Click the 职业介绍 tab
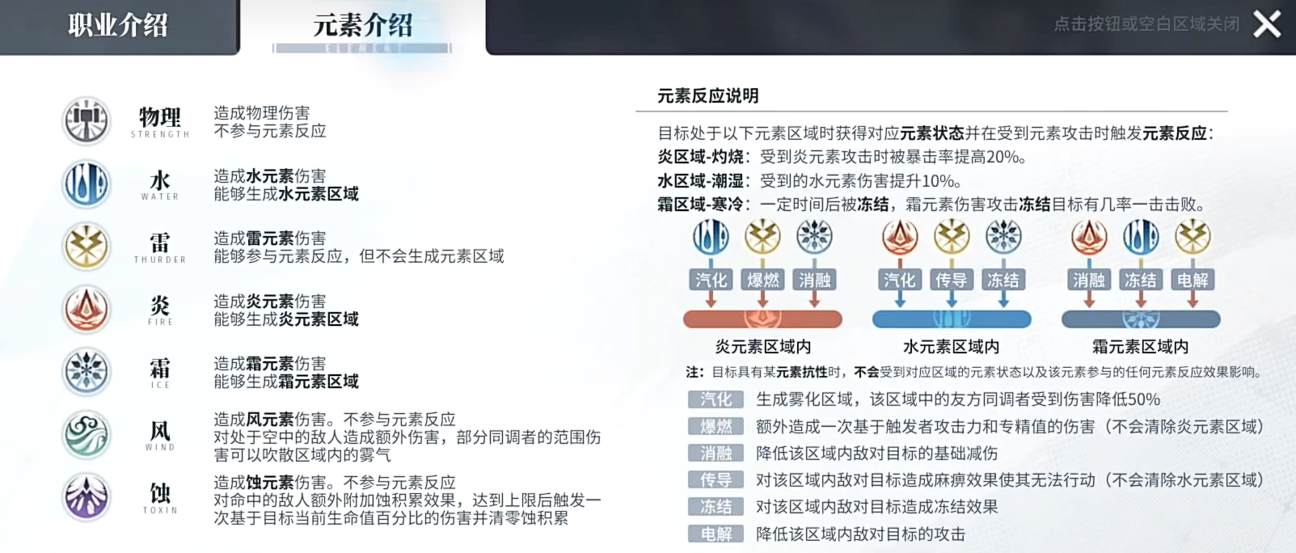click(x=118, y=25)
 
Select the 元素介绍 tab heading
click(x=363, y=25)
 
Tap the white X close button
click(x=1267, y=24)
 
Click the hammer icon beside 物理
click(x=87, y=121)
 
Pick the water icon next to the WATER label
click(x=87, y=184)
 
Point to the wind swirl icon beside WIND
click(x=87, y=434)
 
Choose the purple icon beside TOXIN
click(x=87, y=497)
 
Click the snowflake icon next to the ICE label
click(x=87, y=371)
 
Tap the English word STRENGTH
click(x=160, y=134)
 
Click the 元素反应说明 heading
click(x=707, y=95)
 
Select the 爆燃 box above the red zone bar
click(x=762, y=280)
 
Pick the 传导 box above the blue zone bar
click(x=951, y=280)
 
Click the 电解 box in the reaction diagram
click(x=1193, y=280)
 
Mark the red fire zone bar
click(x=762, y=319)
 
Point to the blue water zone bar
click(x=951, y=319)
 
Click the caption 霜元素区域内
click(x=1140, y=347)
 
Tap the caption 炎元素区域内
click(x=762, y=347)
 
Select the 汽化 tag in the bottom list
click(x=716, y=399)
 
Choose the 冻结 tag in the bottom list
click(x=716, y=507)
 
